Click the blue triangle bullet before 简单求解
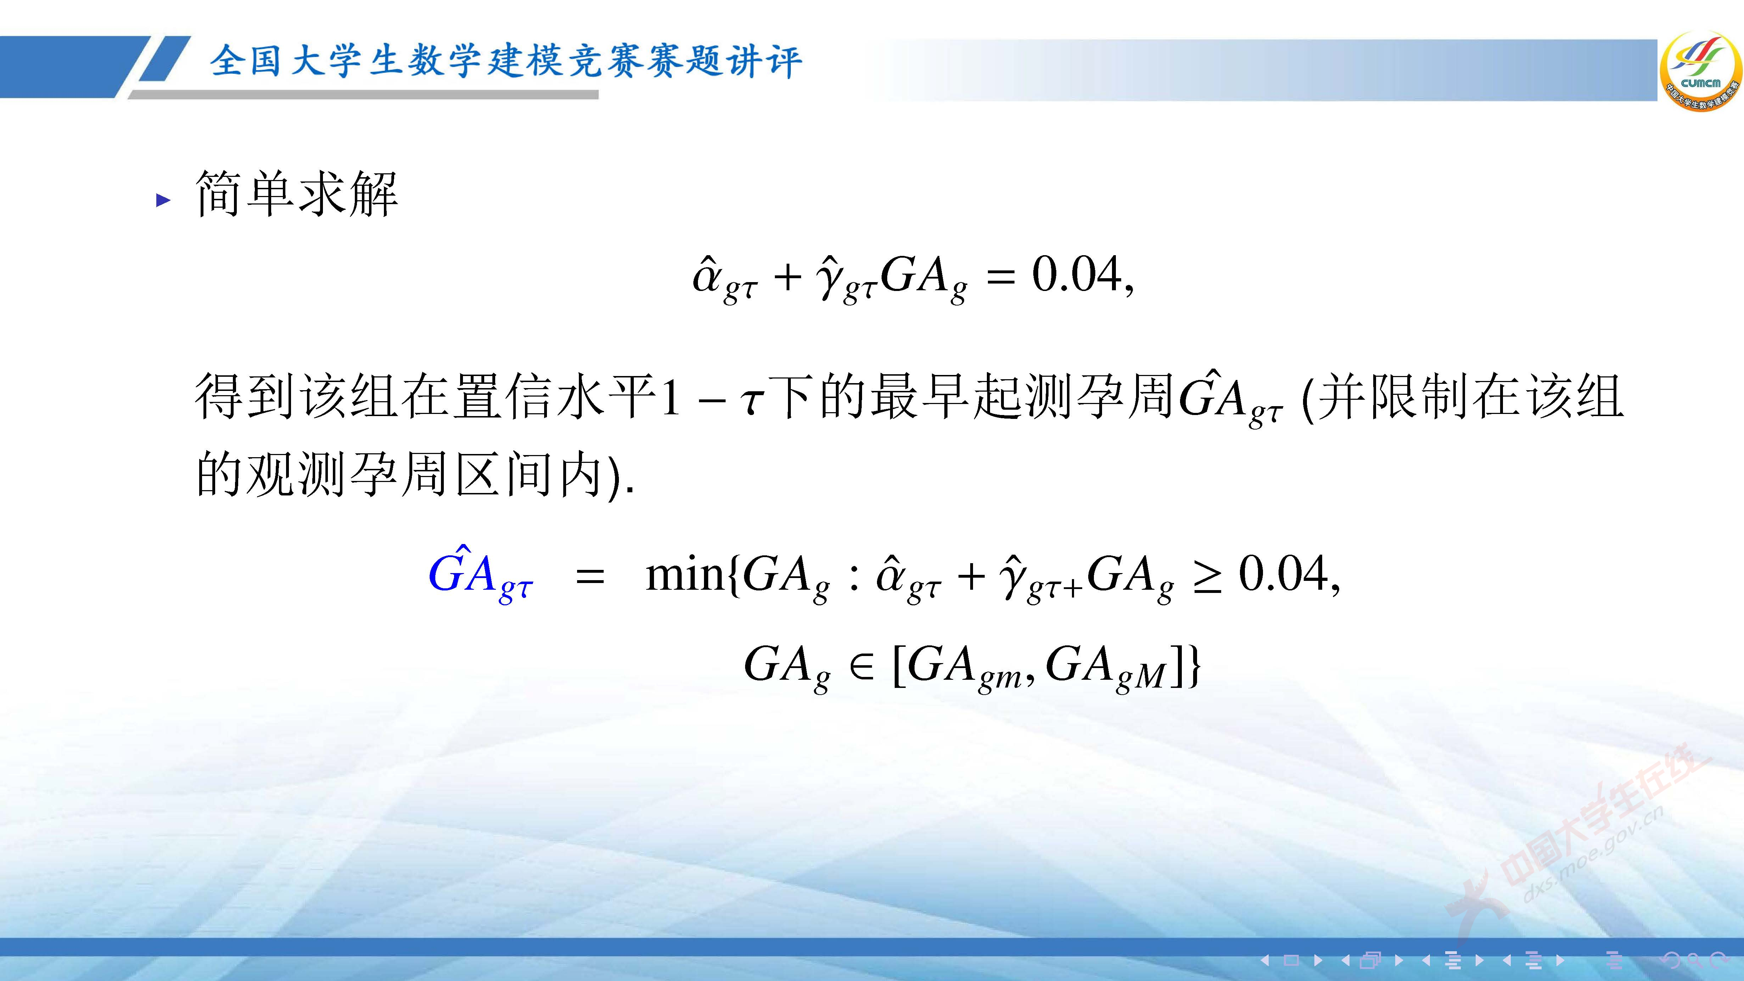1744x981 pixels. (162, 200)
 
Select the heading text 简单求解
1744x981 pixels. (297, 194)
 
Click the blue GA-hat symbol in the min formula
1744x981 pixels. (481, 576)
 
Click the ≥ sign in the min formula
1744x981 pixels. (1207, 577)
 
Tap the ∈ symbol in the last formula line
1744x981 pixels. (861, 667)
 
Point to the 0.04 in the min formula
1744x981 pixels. (1283, 574)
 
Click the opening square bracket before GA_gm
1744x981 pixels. (898, 667)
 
